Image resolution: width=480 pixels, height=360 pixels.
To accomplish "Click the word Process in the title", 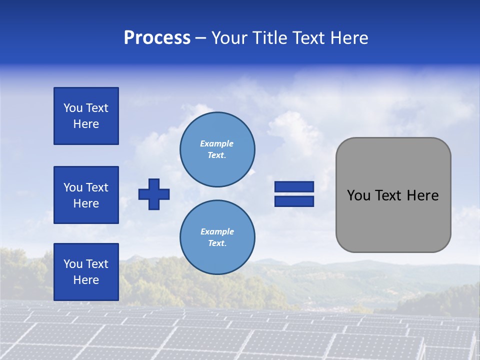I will [x=157, y=38].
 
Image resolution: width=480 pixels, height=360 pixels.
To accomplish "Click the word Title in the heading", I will [x=268, y=38].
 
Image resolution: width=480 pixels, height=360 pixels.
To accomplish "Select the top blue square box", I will [x=86, y=116].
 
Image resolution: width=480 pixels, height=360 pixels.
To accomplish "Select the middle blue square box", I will [x=86, y=195].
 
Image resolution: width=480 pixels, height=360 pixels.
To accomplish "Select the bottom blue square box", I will [x=86, y=272].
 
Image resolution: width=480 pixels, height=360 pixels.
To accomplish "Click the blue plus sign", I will [x=154, y=194].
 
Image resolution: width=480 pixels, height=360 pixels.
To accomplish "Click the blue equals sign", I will [x=294, y=194].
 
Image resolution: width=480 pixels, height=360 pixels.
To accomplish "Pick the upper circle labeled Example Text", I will [x=217, y=149].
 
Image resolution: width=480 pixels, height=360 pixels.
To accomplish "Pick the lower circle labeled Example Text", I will [x=217, y=237].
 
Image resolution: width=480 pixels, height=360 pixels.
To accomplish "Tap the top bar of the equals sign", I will [x=294, y=187].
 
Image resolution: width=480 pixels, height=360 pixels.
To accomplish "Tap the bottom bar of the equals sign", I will [x=294, y=201].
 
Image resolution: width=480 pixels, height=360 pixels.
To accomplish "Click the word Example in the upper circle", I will [x=217, y=143].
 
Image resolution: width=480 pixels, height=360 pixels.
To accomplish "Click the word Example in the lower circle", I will [x=217, y=231].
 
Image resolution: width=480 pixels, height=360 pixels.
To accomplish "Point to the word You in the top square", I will [x=73, y=108].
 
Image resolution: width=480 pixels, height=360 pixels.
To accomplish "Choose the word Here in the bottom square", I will [x=86, y=280].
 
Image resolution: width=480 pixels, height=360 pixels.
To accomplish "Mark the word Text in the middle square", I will [x=97, y=187].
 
